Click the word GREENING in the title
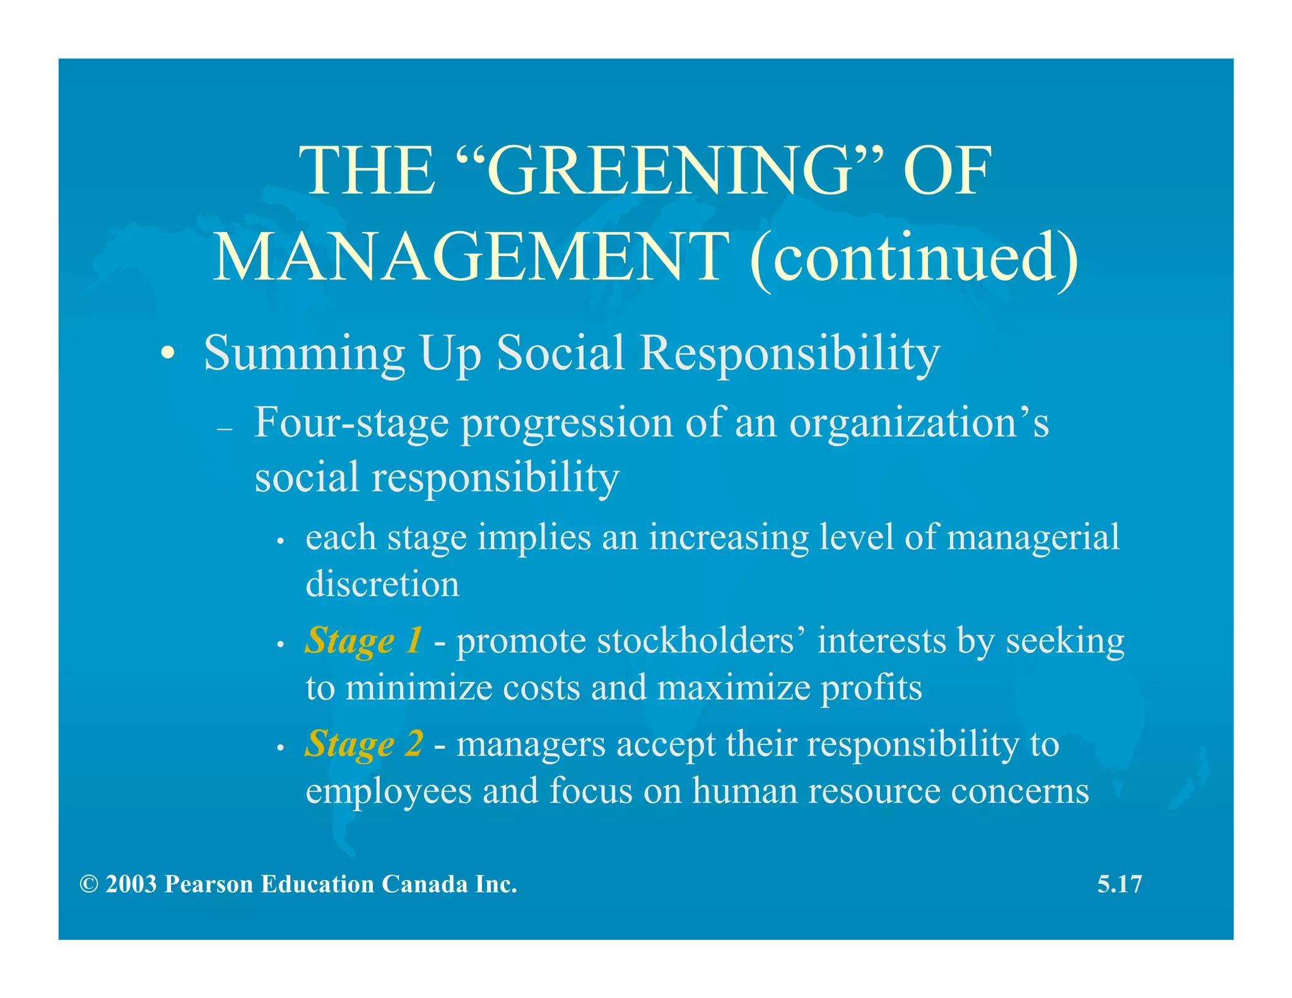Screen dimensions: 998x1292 point(669,172)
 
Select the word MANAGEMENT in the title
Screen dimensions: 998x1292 point(470,257)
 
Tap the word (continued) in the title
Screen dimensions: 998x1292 point(913,257)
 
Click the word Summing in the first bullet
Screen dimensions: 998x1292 point(304,353)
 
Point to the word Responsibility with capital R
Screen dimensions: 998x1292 point(789,353)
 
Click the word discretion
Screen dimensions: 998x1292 point(382,584)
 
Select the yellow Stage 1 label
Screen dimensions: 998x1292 point(363,641)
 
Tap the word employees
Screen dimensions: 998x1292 point(388,791)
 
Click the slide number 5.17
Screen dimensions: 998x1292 point(1119,884)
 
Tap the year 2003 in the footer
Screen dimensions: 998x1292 point(131,884)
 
